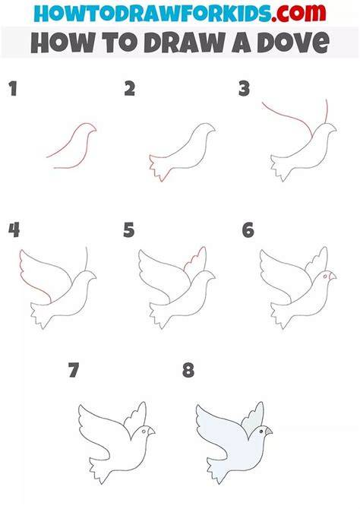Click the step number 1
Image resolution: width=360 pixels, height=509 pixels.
click(13, 89)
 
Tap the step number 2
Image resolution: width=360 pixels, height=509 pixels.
click(130, 89)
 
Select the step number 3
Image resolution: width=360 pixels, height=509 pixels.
click(244, 89)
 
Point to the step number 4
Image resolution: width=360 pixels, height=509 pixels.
click(14, 230)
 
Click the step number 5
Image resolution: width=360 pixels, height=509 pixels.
click(129, 230)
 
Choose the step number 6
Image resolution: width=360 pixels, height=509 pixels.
click(248, 230)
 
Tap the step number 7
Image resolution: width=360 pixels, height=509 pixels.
click(74, 370)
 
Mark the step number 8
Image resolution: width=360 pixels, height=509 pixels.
click(188, 370)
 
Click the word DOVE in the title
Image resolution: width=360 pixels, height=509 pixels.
click(293, 43)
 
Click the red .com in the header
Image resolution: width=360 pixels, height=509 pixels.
click(298, 13)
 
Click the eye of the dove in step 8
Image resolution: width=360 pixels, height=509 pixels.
click(261, 432)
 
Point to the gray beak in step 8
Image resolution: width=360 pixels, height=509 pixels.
click(269, 432)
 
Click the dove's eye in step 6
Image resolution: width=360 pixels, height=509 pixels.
click(324, 277)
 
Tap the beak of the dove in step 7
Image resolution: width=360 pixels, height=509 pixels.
click(151, 432)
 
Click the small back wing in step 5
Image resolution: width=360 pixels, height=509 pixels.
click(196, 260)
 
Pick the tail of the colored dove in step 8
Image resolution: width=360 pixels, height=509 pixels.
click(217, 469)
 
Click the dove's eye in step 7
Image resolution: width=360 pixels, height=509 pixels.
click(143, 432)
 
